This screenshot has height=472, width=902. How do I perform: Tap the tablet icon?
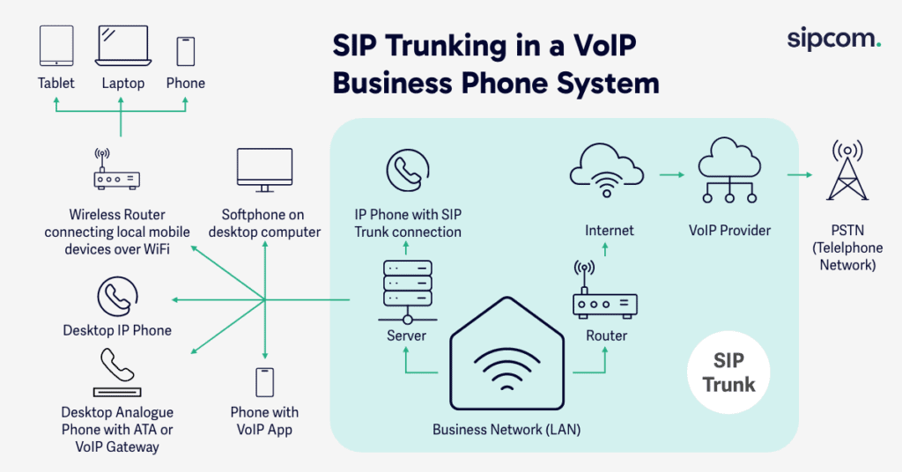(56, 46)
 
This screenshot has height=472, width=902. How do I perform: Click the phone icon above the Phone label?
(185, 51)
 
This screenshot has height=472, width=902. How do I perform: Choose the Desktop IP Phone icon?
(116, 298)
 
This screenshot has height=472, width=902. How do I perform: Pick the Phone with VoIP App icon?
(264, 381)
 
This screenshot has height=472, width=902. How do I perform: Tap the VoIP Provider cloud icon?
(728, 167)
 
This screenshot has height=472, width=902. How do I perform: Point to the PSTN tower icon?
(844, 172)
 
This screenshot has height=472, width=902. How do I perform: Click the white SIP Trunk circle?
(728, 373)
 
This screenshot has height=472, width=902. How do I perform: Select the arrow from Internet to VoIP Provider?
(670, 174)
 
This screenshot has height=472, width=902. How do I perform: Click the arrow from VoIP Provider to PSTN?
(799, 174)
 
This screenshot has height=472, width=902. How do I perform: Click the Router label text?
(606, 336)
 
